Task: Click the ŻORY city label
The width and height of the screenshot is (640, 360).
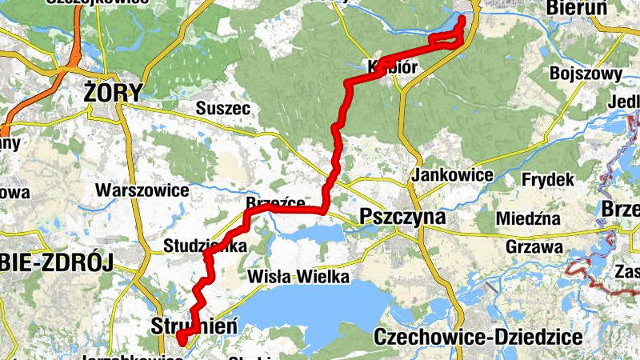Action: tap(113, 93)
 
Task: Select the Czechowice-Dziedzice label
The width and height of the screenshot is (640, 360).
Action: tap(478, 336)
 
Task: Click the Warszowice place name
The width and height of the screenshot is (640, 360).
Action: tap(142, 190)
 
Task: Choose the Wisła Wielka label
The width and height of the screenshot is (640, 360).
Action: tap(298, 278)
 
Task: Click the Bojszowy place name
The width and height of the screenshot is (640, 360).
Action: tap(586, 74)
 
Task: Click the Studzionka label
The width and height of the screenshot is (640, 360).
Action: tap(203, 246)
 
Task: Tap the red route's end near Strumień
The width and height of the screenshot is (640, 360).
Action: tap(181, 340)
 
